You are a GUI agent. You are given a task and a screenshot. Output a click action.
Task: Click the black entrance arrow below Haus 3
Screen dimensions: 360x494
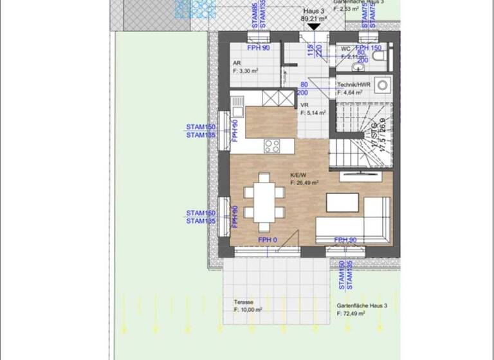(313, 26)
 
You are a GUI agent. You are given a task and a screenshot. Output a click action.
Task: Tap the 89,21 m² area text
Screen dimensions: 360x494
(314, 19)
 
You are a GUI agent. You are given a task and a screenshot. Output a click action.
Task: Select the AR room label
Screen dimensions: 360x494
(237, 63)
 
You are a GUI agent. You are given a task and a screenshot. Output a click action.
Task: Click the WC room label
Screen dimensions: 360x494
(345, 49)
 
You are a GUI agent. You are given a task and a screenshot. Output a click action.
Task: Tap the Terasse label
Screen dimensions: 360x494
(244, 301)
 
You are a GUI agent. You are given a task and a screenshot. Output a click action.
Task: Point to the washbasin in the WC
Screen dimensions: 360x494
(358, 66)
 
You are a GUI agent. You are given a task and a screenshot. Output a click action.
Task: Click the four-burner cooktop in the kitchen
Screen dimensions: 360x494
(271, 146)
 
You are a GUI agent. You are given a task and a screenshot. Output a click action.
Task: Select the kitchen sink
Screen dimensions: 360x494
(237, 104)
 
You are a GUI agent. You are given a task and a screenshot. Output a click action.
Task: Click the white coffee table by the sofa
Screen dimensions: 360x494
(342, 203)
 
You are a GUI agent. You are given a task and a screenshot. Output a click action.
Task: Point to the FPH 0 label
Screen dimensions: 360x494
(268, 240)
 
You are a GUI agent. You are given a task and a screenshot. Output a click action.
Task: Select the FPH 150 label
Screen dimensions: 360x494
(369, 48)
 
